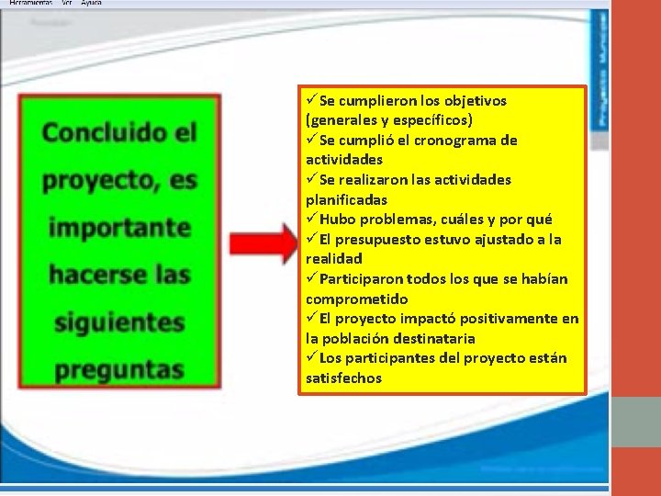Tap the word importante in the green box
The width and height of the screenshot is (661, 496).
[119, 227]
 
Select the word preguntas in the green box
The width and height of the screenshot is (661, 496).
[118, 369]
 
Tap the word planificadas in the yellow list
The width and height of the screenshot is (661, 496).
[346, 199]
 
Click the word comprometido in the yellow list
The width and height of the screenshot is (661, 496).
[356, 299]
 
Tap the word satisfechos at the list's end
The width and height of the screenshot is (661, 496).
[343, 378]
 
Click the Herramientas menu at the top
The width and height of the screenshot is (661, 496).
[30, 3]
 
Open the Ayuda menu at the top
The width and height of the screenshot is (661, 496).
[91, 3]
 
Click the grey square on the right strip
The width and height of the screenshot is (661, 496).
[635, 422]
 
